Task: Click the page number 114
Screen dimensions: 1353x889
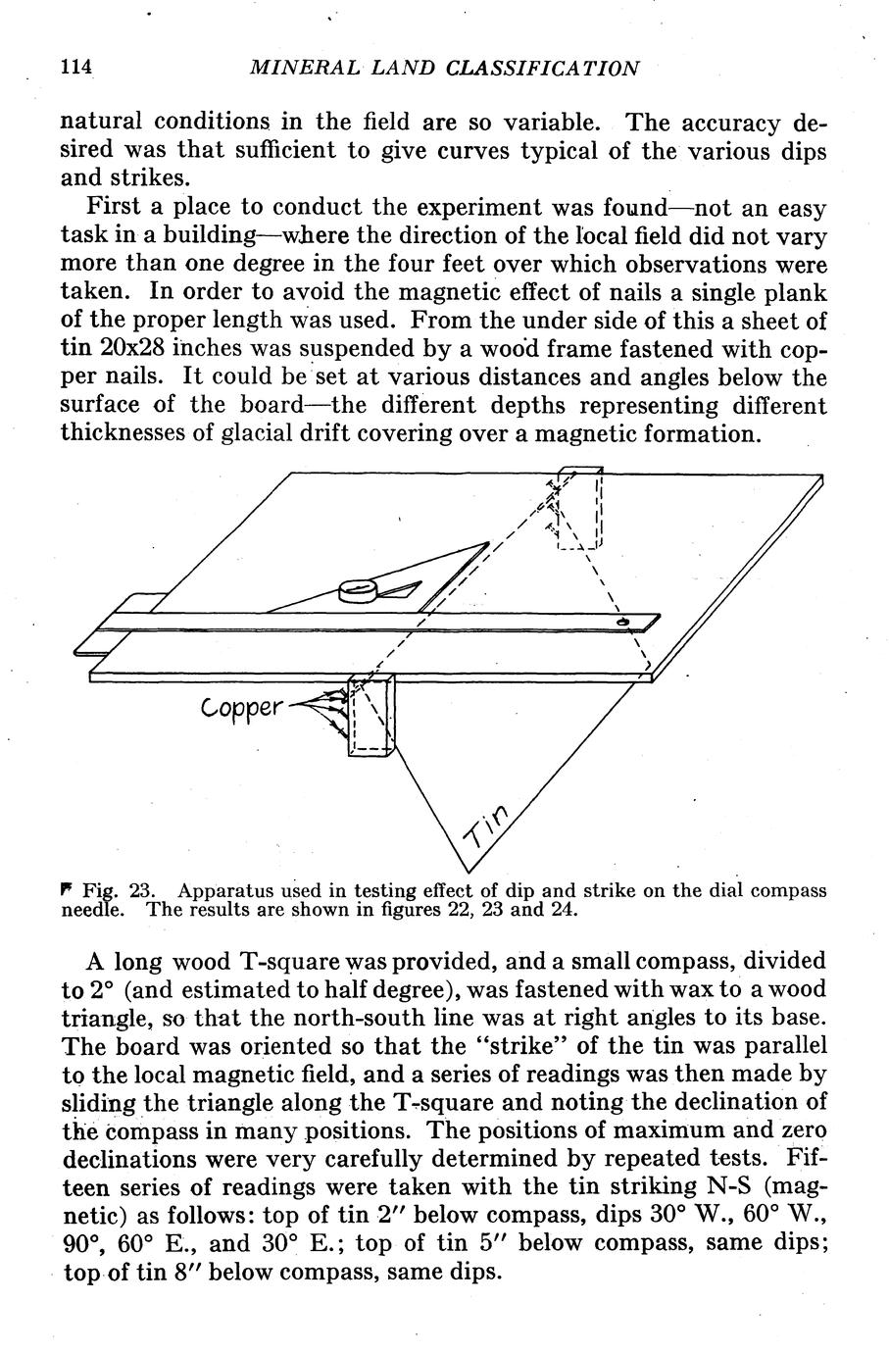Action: tap(75, 68)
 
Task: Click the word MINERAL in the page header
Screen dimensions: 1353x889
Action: tap(293, 68)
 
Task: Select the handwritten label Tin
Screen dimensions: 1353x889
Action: tap(487, 827)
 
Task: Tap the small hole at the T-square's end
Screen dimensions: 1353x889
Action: tap(622, 623)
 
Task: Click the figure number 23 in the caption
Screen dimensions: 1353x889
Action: tap(139, 892)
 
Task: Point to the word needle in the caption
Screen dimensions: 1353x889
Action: tap(93, 910)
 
